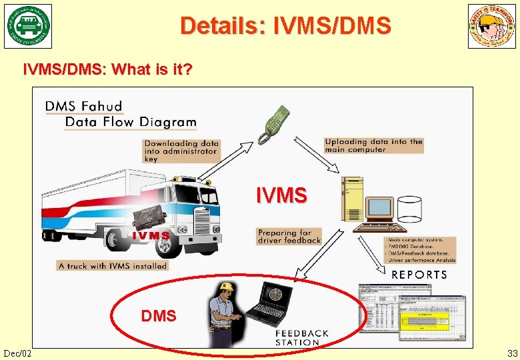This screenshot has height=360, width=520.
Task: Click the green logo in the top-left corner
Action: pyautogui.click(x=29, y=27)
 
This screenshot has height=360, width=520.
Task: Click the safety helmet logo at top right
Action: pyautogui.click(x=492, y=27)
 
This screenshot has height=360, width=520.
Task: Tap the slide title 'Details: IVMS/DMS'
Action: pyautogui.click(x=285, y=25)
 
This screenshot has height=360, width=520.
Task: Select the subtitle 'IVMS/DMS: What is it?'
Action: pyautogui.click(x=108, y=69)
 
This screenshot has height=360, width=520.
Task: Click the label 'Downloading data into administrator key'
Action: pyautogui.click(x=181, y=151)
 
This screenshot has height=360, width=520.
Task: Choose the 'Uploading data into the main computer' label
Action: pyautogui.click(x=374, y=145)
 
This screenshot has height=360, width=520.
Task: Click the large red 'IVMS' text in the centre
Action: pyautogui.click(x=282, y=195)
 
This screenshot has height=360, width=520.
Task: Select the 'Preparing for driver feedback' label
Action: pyautogui.click(x=289, y=237)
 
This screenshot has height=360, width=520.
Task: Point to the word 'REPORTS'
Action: pyautogui.click(x=419, y=275)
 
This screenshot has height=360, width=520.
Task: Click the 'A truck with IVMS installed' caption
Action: pyautogui.click(x=113, y=266)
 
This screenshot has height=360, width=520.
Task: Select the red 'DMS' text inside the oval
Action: pyautogui.click(x=159, y=316)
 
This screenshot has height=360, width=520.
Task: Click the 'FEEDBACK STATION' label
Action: pyautogui.click(x=302, y=337)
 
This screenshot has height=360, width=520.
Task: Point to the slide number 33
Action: pyautogui.click(x=512, y=353)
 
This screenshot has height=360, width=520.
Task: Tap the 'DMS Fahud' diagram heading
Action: pyautogui.click(x=84, y=106)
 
